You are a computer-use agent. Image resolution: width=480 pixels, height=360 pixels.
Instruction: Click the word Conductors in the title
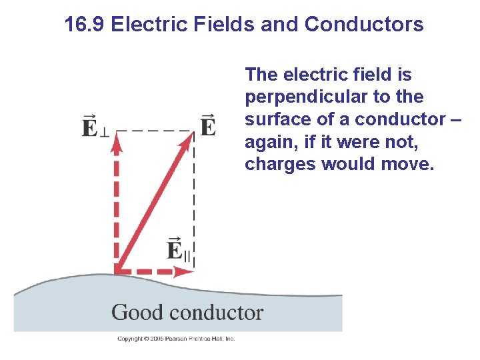coord(363,25)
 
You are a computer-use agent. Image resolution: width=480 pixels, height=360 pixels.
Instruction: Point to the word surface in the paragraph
coord(272,119)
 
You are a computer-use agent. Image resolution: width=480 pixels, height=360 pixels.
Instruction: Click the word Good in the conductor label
coord(137,312)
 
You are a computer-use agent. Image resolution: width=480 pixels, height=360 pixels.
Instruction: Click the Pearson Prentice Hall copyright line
coord(176,339)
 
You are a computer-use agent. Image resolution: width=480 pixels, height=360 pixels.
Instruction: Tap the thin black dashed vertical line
coord(194,200)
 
